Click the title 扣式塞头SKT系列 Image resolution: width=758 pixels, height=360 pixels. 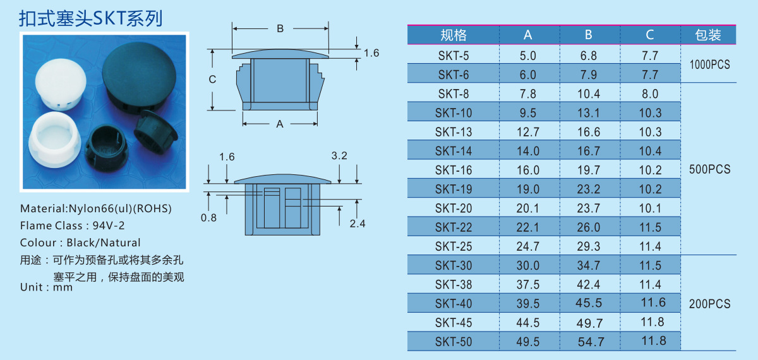point(91,18)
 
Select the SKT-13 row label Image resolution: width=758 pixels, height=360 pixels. point(454,132)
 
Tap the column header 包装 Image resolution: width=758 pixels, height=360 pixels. point(708,35)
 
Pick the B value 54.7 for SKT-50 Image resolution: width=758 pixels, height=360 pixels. point(591,342)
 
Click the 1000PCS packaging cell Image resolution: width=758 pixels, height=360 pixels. point(709,64)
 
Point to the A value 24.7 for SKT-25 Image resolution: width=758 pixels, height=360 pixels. point(528,246)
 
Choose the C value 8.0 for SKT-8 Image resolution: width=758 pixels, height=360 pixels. point(649,94)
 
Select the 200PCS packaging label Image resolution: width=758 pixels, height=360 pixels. point(709,304)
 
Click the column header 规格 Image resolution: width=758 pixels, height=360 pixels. point(453,35)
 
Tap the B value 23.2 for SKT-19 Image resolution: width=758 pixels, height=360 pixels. point(589,189)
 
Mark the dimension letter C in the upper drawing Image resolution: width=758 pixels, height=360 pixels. point(213,80)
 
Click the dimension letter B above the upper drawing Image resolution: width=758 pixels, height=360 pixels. point(280,28)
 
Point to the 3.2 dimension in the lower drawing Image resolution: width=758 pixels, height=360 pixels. point(339,156)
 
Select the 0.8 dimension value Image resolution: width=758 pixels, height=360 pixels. point(208,218)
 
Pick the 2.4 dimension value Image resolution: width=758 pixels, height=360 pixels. point(357,223)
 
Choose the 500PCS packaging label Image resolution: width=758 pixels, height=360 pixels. point(709,169)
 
